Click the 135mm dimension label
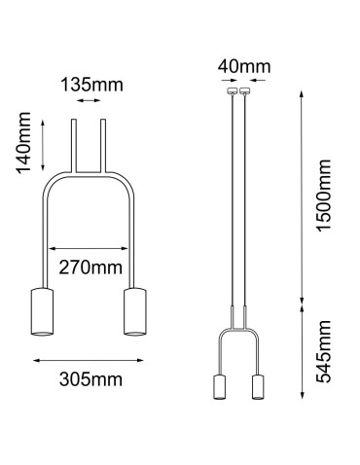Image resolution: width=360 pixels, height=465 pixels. click(91, 84)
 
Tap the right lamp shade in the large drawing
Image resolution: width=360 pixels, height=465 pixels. click(134, 311)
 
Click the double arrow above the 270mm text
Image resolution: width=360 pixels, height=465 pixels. click(90, 246)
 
